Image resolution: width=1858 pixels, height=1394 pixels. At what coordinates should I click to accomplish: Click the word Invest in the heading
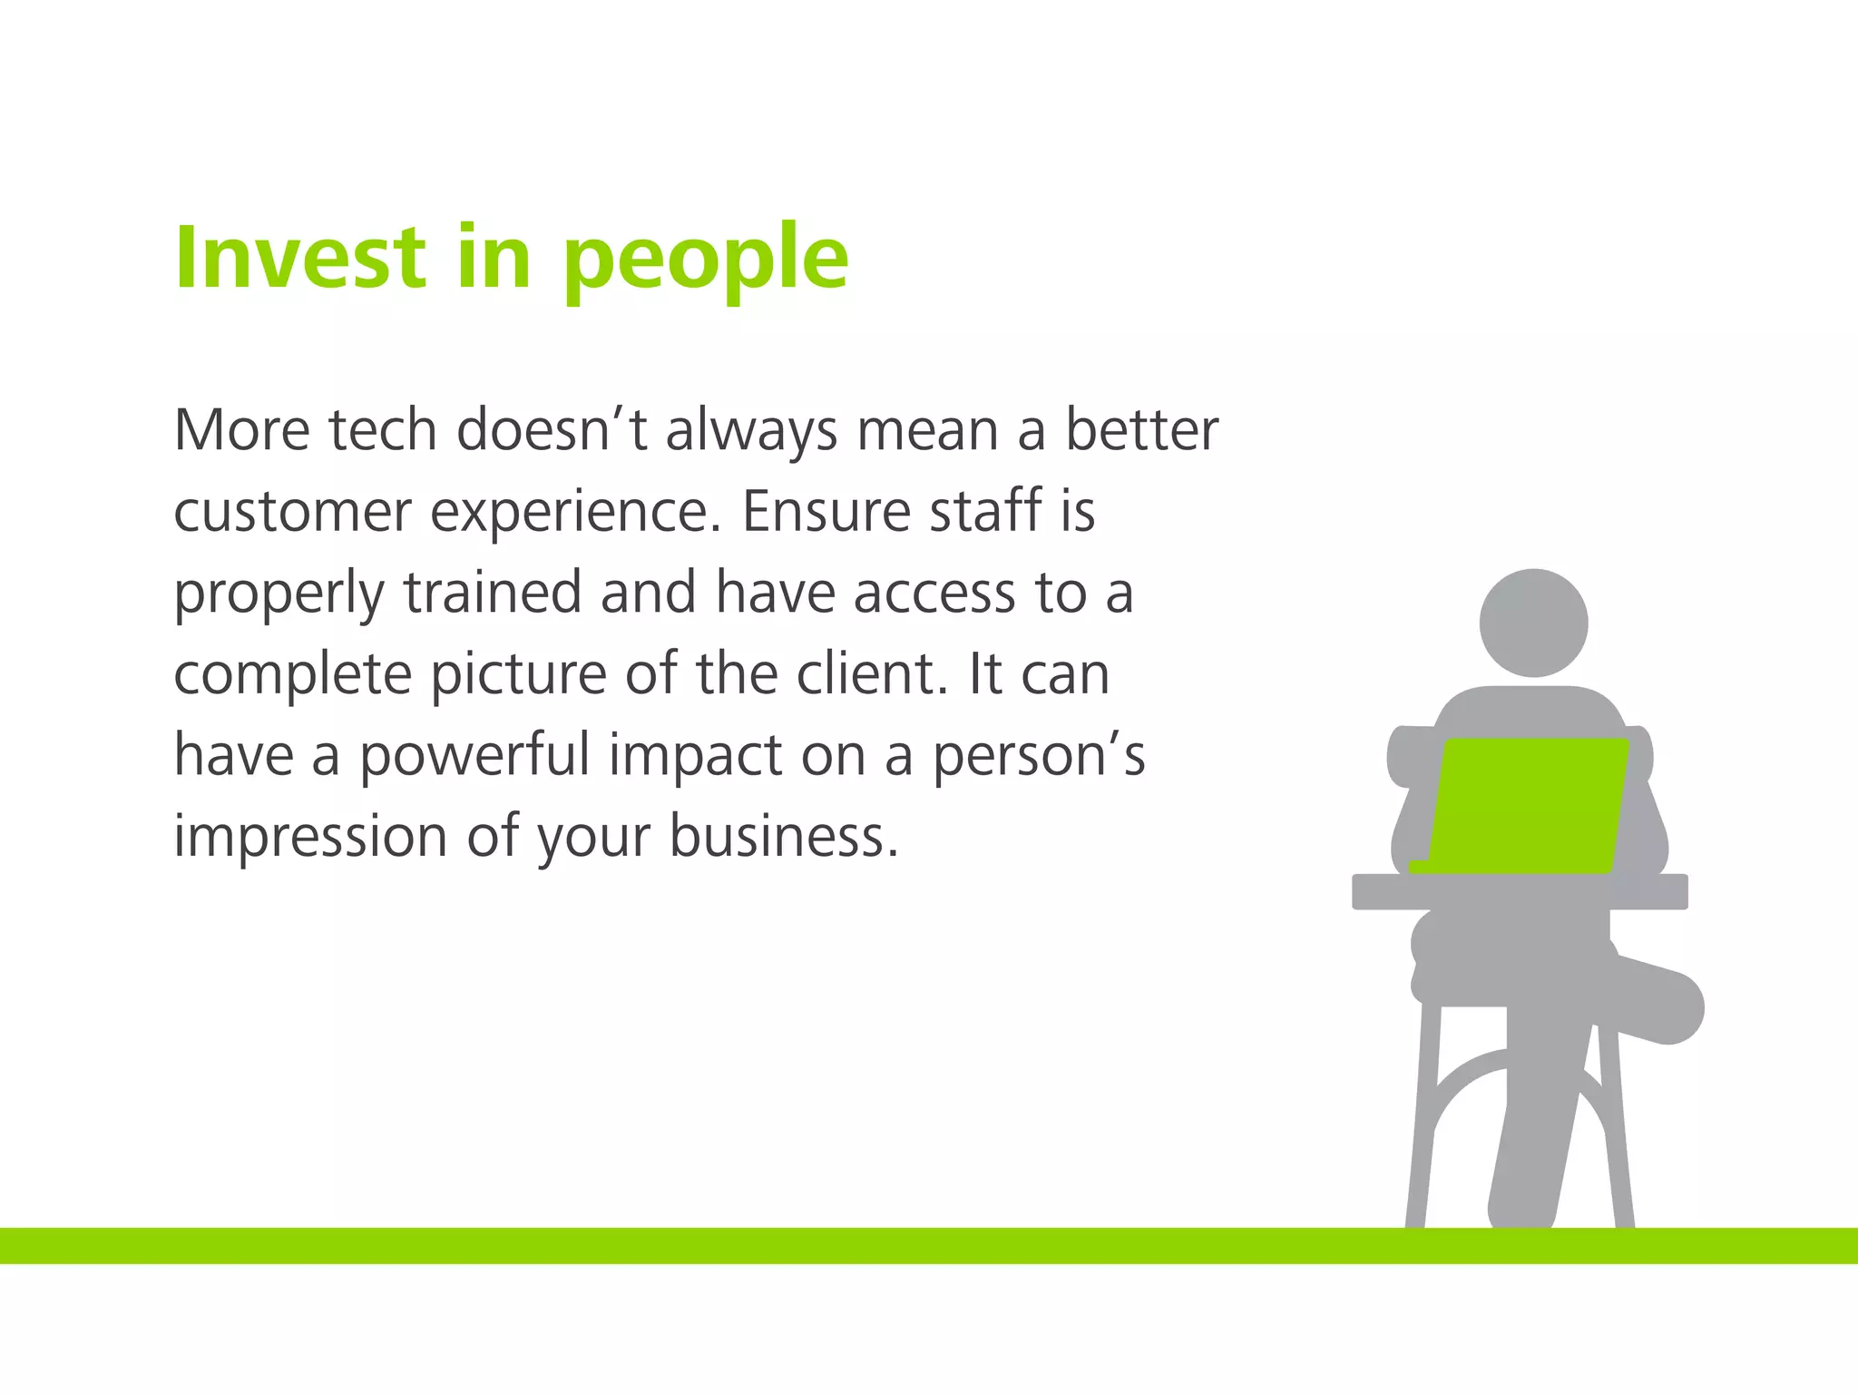pyautogui.click(x=300, y=258)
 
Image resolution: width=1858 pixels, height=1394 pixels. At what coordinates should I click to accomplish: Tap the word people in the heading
pyautogui.click(x=706, y=261)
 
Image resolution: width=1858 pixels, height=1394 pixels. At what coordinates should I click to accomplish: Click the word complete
pyautogui.click(x=292, y=677)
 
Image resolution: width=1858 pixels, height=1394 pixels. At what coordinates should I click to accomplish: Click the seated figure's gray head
pyautogui.click(x=1533, y=623)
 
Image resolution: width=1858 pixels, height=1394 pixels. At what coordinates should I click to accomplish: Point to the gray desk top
pyautogui.click(x=1520, y=891)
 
